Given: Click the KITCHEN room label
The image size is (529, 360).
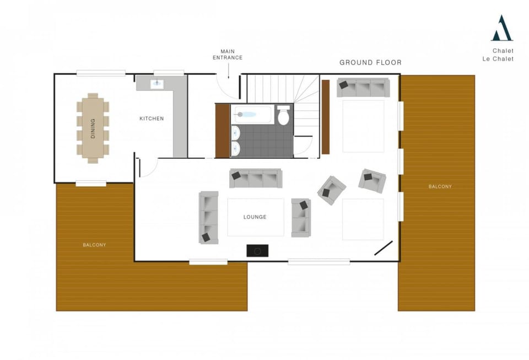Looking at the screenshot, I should (151, 119).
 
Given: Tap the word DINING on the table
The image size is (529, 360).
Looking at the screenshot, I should (93, 128).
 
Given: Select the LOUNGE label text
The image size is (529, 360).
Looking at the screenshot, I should (255, 217).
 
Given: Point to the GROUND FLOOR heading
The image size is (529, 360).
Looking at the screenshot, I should (370, 62).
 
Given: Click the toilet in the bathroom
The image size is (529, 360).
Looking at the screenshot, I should (284, 116).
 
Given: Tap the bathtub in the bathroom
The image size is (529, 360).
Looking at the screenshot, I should (252, 115).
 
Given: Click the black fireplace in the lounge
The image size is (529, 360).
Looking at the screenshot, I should (257, 250).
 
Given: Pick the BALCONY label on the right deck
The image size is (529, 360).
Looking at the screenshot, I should (440, 187).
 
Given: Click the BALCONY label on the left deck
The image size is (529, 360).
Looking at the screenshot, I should (94, 245).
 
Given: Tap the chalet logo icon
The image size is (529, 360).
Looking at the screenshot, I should (501, 28).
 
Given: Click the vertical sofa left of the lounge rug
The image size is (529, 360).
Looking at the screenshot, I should (209, 217).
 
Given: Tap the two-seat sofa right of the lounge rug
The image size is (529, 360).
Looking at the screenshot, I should (301, 217).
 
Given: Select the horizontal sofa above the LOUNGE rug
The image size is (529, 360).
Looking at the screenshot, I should (256, 178).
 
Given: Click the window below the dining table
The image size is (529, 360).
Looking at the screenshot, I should (91, 184).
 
